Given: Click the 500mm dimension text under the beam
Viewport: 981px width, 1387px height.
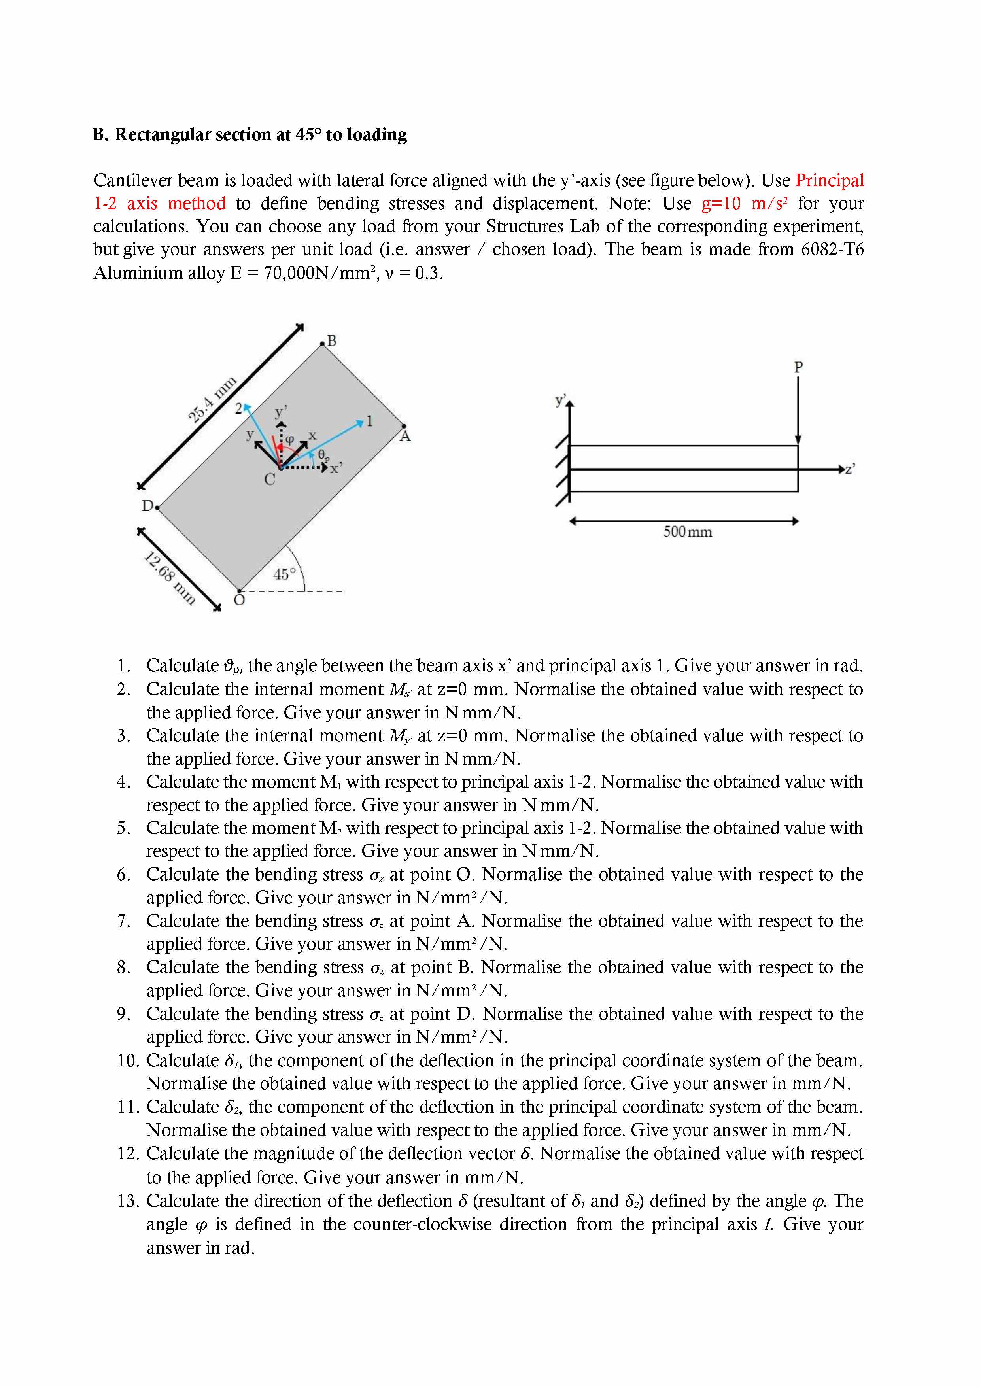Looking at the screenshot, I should [x=688, y=532].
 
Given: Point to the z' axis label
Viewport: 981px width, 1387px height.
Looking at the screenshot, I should [x=849, y=469].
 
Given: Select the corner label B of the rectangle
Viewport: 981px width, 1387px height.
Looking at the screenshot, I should [x=331, y=341].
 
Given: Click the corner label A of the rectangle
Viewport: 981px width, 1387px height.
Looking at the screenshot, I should [x=405, y=436].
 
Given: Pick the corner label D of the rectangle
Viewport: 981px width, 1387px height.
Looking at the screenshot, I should [x=147, y=506].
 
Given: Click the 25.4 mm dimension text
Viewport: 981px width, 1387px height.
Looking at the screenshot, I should [x=212, y=399].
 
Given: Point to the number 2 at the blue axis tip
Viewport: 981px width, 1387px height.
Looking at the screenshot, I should [x=238, y=408].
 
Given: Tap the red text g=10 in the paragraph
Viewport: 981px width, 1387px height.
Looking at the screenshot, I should [x=721, y=204].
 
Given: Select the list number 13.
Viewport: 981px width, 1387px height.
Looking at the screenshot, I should [x=128, y=1201].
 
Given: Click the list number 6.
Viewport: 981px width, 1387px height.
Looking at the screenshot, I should [x=123, y=875].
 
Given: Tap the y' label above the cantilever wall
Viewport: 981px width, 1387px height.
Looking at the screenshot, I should [x=561, y=401].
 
